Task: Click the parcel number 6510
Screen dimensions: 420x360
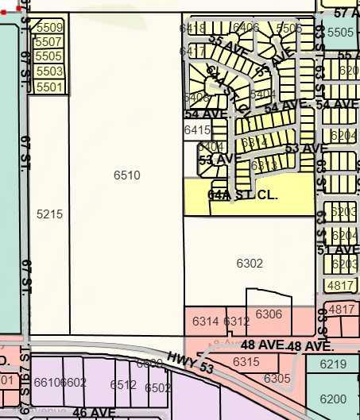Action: tap(126, 175)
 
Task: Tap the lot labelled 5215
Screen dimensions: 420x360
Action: tap(49, 214)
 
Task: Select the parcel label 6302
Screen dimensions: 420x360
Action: tap(250, 263)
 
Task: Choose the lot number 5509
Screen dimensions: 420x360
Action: tap(49, 28)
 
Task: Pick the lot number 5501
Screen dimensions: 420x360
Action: tap(49, 86)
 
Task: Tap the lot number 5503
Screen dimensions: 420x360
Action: tap(49, 71)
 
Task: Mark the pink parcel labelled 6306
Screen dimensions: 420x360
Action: tap(269, 314)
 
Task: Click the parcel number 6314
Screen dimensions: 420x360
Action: tap(205, 321)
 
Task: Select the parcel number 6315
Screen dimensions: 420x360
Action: tap(246, 361)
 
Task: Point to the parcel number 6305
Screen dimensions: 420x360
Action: tap(277, 378)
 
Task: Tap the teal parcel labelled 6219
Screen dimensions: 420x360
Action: tap(333, 364)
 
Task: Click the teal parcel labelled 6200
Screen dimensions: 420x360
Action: tap(333, 399)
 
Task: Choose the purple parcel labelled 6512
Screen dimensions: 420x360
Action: tap(123, 385)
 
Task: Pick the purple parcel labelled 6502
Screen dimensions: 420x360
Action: tap(157, 387)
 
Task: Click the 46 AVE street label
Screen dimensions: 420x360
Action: tap(94, 413)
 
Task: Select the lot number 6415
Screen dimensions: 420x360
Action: tap(196, 129)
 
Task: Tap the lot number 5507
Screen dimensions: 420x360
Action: tap(49, 42)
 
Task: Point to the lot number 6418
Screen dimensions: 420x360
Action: tap(193, 29)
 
